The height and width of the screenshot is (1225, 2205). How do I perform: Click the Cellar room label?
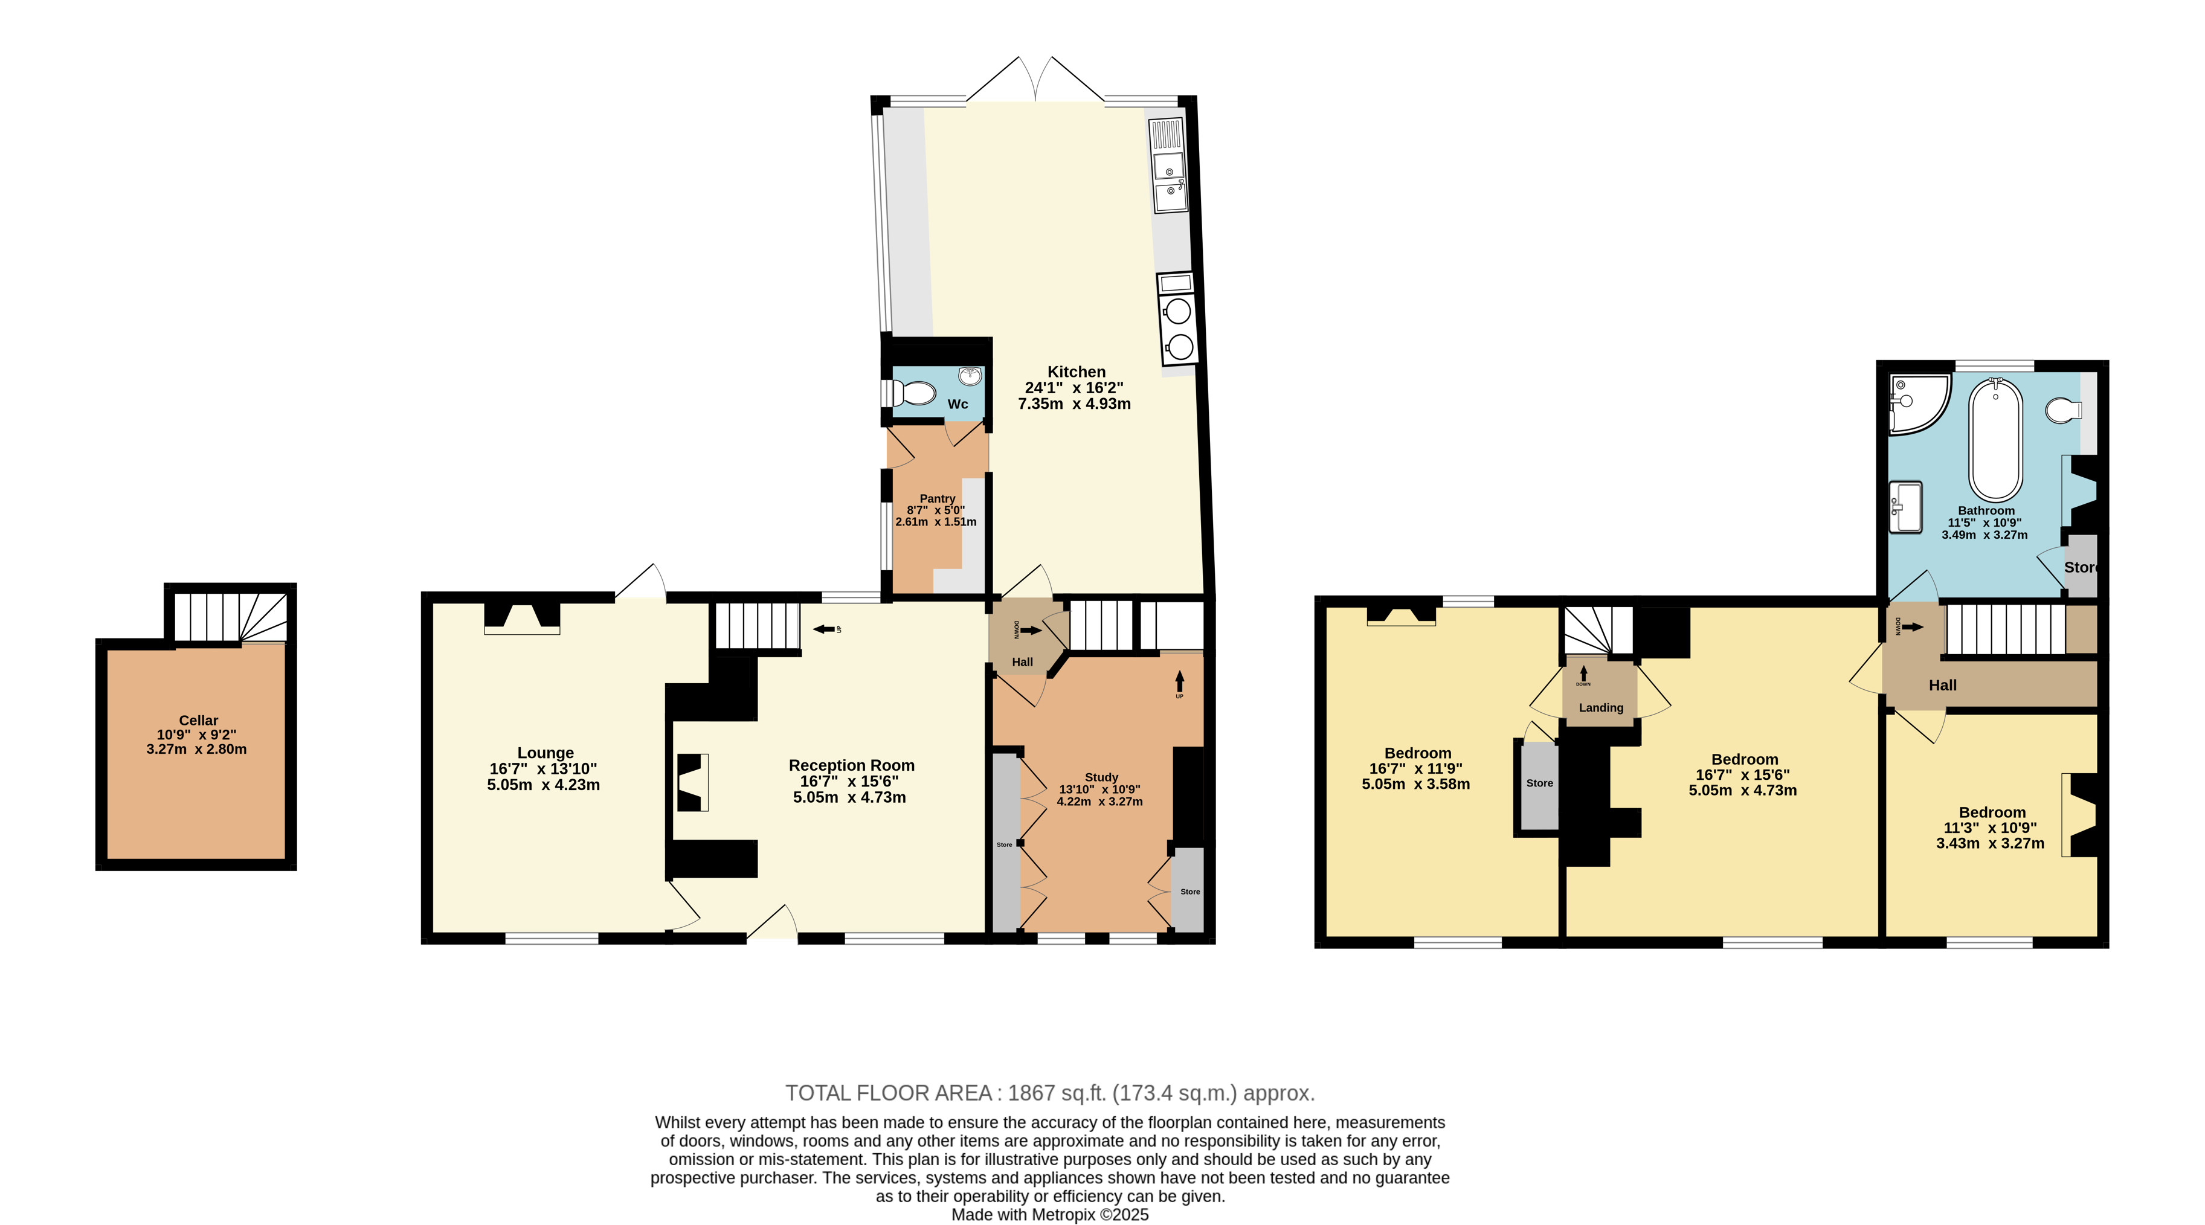click(x=199, y=721)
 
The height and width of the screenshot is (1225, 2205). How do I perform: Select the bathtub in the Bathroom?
click(x=1996, y=439)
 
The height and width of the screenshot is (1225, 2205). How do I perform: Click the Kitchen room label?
click(x=1076, y=371)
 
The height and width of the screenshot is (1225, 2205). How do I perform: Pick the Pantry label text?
click(x=938, y=498)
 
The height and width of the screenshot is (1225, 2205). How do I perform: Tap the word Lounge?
click(x=546, y=753)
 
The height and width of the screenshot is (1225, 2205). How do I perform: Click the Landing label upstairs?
click(x=1601, y=708)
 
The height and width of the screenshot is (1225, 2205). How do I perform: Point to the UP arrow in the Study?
click(x=1180, y=681)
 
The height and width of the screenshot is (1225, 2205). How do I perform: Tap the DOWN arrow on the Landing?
click(x=1583, y=674)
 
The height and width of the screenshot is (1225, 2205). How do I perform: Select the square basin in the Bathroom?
click(x=1906, y=506)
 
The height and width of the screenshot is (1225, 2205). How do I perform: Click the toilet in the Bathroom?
click(x=2064, y=411)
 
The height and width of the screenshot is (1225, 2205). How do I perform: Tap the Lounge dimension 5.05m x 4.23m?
click(x=544, y=784)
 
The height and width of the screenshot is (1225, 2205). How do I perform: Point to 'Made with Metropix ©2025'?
click(x=1051, y=1215)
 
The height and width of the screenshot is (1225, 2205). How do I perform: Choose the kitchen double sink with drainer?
click(x=1168, y=166)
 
